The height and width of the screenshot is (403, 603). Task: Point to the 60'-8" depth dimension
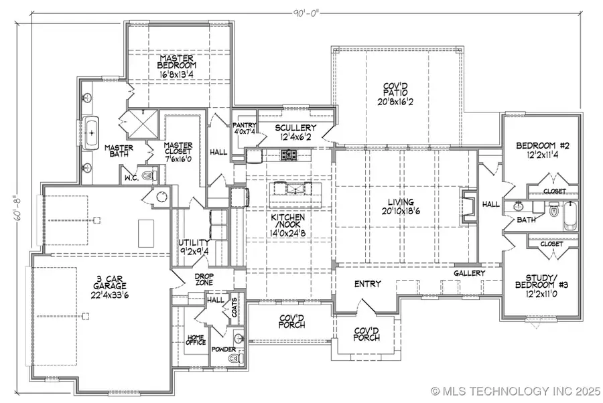19,209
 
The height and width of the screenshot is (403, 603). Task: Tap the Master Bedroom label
176,62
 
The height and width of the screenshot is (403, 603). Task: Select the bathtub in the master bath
91,133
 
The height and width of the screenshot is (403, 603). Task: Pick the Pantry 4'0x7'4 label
244,129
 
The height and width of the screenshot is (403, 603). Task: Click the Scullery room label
295,128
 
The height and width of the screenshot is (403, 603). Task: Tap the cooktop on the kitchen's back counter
289,155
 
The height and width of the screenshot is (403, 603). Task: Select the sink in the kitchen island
296,189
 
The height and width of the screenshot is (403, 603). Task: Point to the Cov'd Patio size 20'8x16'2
395,102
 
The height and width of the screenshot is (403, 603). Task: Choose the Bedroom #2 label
543,146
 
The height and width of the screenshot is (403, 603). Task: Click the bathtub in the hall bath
570,216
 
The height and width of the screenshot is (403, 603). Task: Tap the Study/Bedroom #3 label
541,281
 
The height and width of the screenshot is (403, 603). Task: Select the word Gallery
469,273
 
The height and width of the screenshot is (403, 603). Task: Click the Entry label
368,284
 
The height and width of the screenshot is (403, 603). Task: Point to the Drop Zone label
204,279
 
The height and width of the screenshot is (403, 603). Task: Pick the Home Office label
196,339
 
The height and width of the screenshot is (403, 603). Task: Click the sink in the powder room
239,339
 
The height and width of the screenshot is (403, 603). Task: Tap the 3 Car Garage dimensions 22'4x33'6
110,295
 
